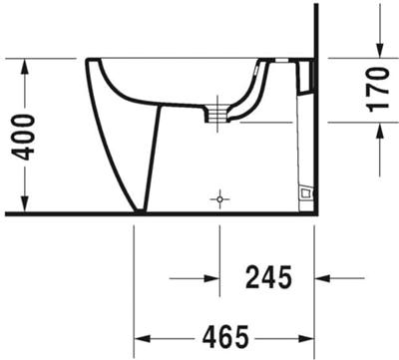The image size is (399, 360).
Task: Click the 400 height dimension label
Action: tap(26, 136)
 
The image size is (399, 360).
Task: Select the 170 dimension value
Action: tap(378, 90)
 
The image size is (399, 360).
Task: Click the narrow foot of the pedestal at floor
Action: tap(140, 207)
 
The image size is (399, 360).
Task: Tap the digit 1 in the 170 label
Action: tap(378, 108)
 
